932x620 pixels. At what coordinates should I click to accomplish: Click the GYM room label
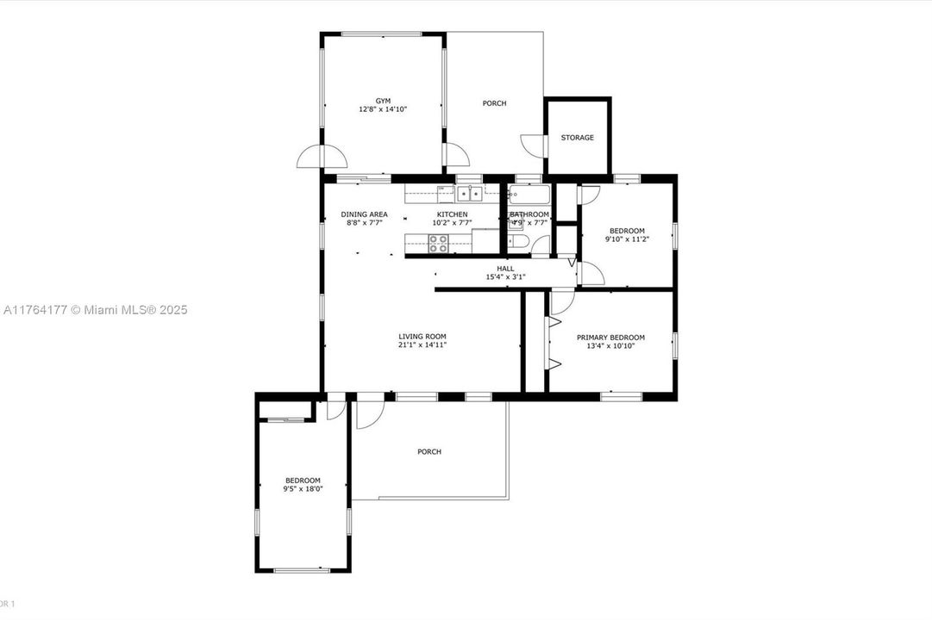click(383, 101)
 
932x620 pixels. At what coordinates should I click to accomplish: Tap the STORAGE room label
click(577, 138)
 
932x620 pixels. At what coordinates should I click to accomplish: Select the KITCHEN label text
click(452, 214)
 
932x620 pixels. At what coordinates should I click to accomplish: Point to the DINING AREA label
click(364, 214)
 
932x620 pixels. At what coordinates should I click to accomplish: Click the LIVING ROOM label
click(422, 337)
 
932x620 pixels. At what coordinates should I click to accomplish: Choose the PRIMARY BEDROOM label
click(610, 338)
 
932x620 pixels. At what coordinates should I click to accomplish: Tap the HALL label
click(505, 269)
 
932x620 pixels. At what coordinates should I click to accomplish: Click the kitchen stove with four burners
click(438, 243)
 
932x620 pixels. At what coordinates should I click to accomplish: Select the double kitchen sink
click(470, 193)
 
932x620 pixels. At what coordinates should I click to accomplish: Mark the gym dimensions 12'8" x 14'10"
click(383, 109)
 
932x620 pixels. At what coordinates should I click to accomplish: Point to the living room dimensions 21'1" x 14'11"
click(422, 345)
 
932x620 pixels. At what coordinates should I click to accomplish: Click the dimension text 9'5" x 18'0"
click(303, 489)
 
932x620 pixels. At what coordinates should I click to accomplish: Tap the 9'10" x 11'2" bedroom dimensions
click(627, 239)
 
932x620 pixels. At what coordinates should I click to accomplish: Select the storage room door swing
click(535, 145)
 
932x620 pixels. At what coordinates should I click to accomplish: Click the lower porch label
click(429, 452)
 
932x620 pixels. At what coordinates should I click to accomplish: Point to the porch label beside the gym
click(494, 103)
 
